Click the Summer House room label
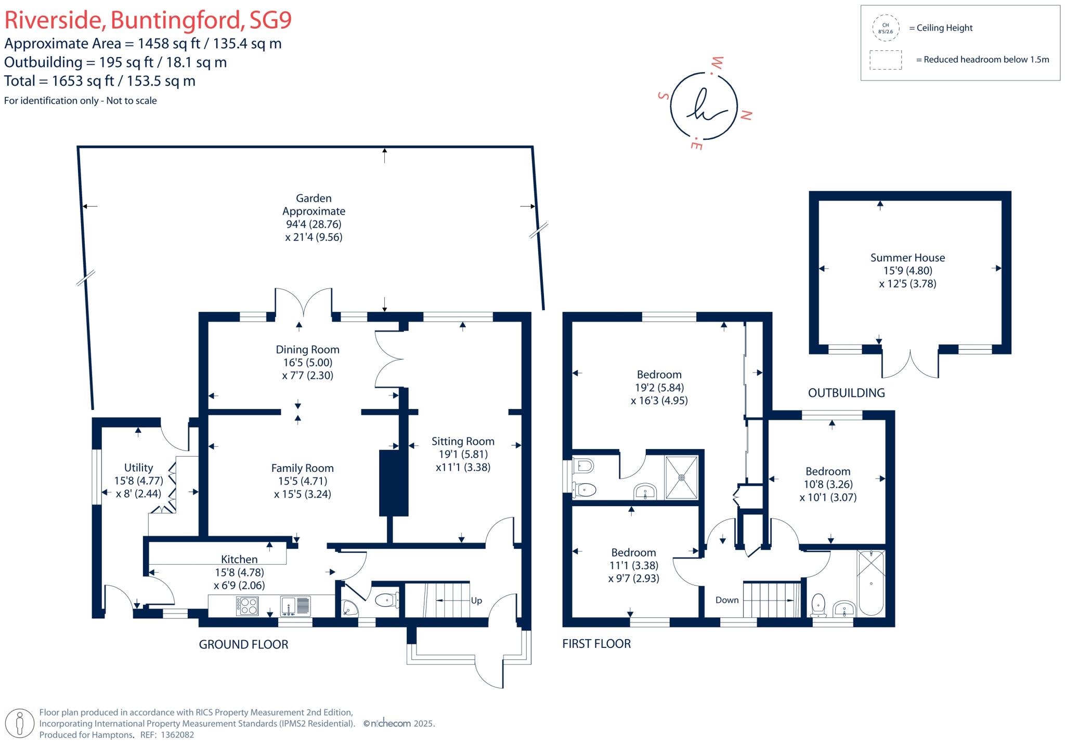pos(907,258)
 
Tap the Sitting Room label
pos(462,441)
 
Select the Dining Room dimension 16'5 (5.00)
pos(307,363)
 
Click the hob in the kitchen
pos(247,605)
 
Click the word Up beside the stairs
pos(476,600)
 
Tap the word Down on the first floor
pos(726,600)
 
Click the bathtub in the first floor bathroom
pos(871,582)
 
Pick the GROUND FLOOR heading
pos(243,644)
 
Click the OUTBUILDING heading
pos(846,393)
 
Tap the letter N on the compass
pos(746,115)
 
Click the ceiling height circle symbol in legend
pos(885,28)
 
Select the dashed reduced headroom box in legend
pos(885,60)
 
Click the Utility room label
pos(138,468)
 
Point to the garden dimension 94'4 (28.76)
pos(314,224)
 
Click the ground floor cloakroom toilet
pos(386,601)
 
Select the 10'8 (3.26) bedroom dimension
pos(828,484)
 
